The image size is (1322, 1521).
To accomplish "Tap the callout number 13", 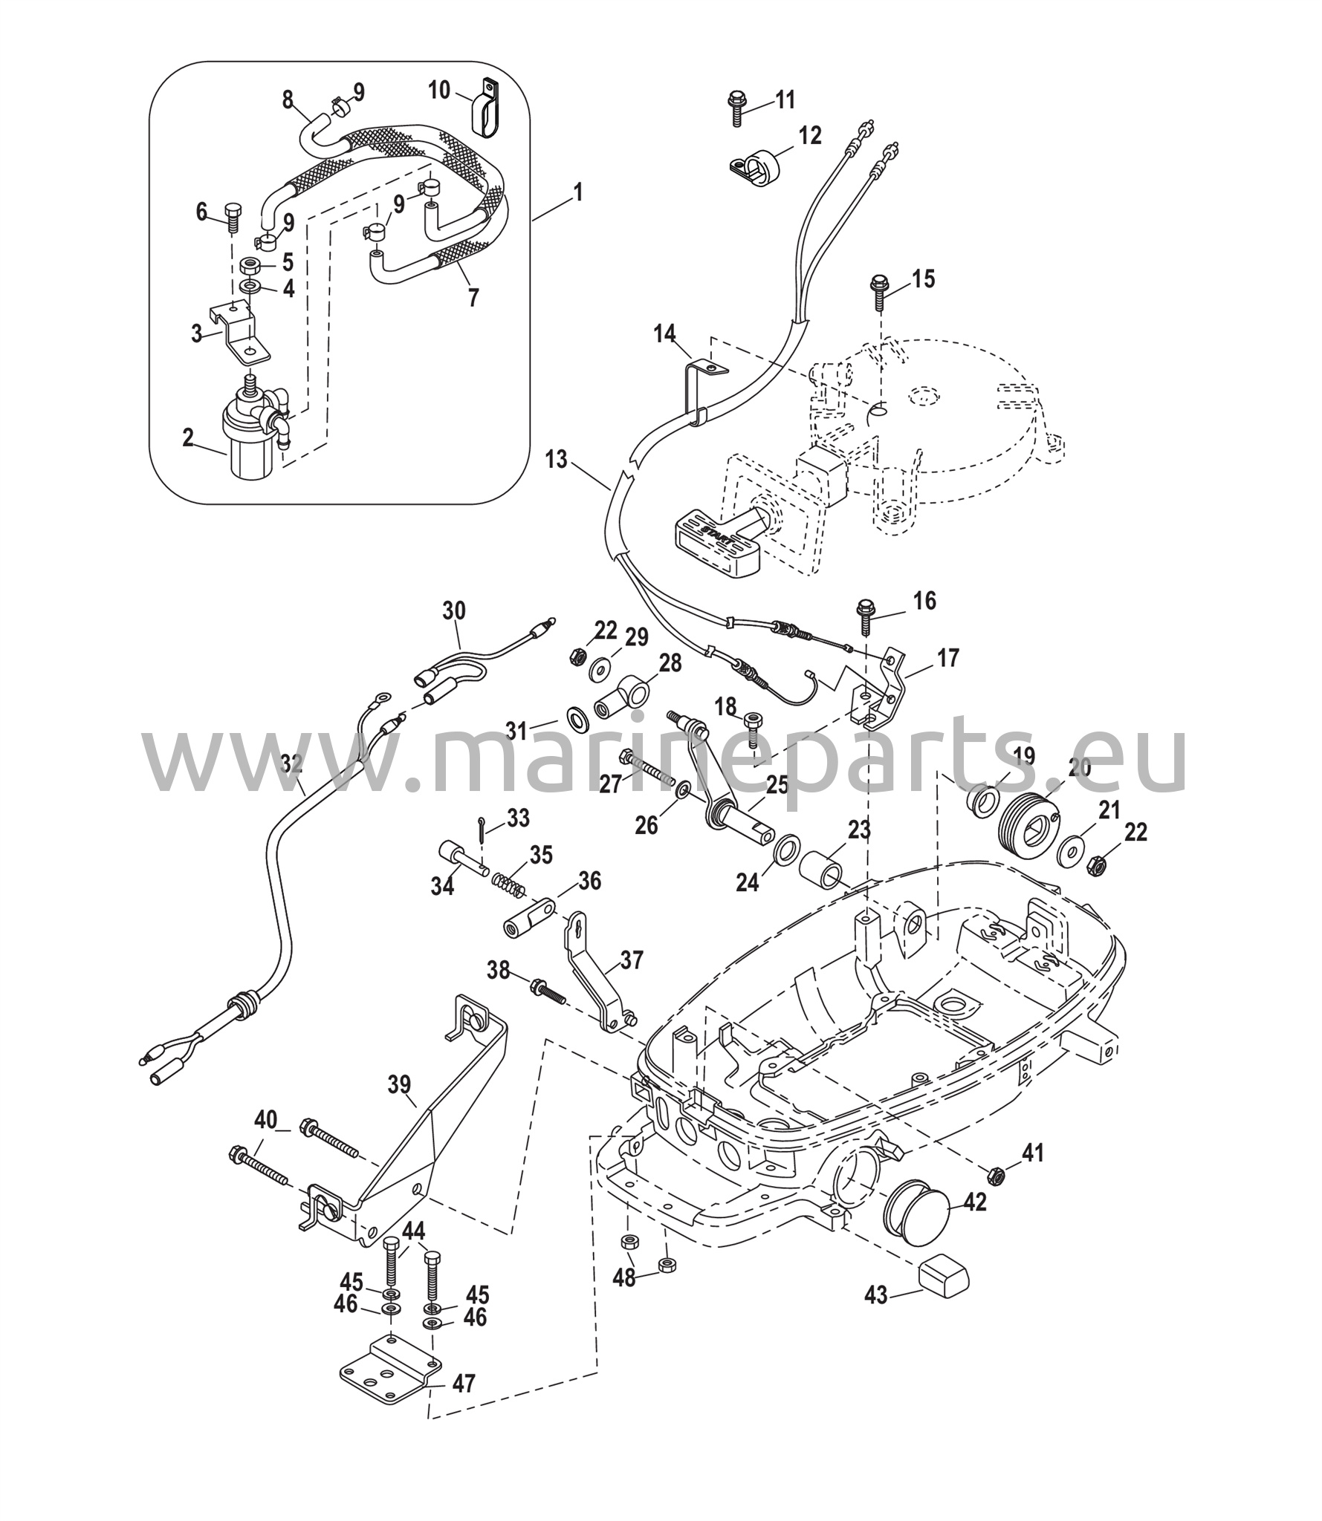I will click(555, 460).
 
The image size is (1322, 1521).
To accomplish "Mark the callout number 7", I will click(473, 297).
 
